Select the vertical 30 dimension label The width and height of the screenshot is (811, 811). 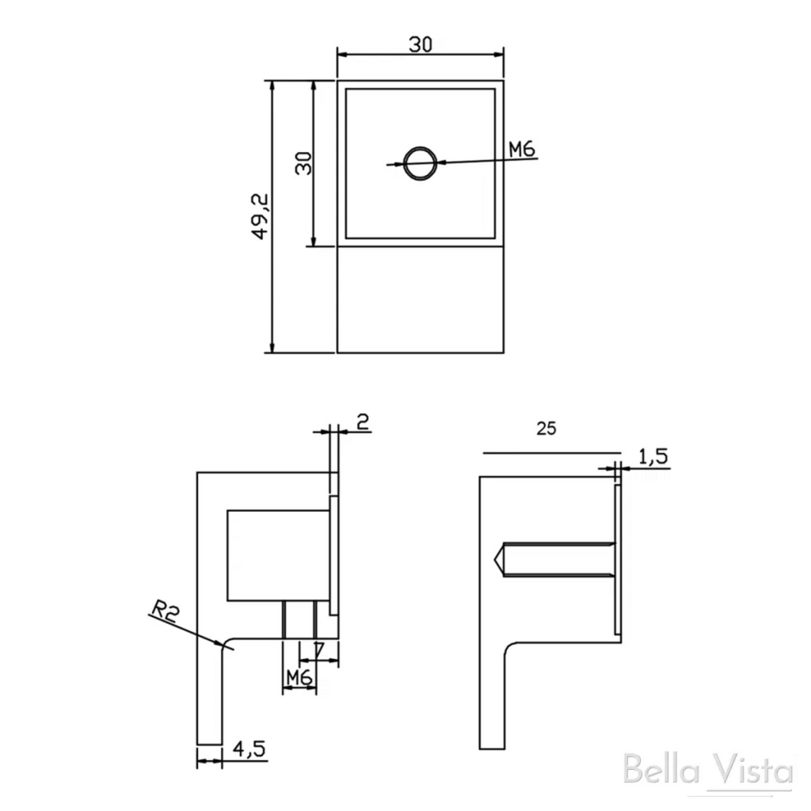304,163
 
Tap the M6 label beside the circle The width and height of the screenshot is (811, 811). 521,150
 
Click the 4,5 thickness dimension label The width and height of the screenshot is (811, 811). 249,748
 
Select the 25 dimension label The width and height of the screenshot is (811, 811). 546,428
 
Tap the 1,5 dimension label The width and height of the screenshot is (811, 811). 653,457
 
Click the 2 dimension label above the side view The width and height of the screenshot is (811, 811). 364,421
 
